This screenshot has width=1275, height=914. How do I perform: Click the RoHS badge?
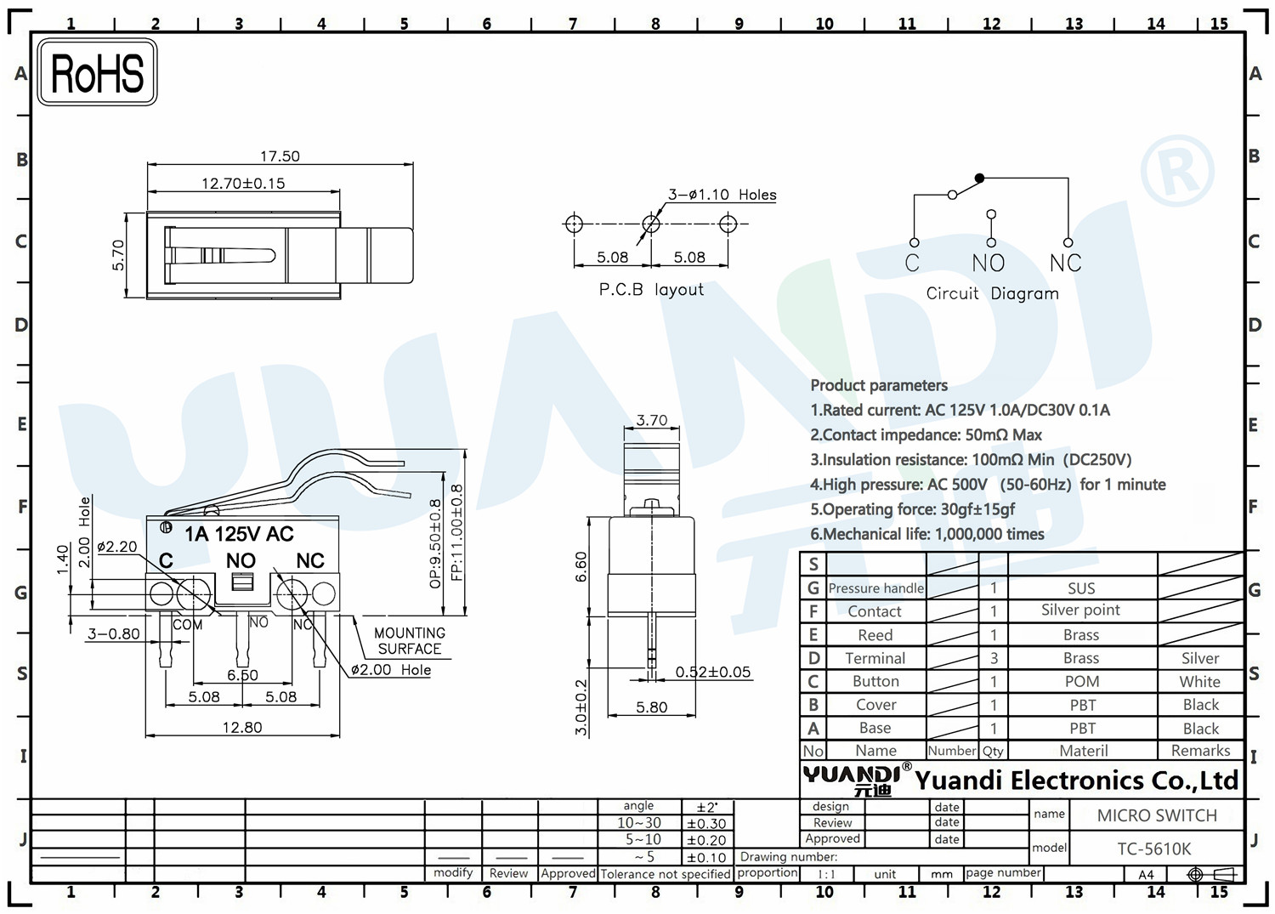98,72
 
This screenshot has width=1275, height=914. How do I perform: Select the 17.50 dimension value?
280,156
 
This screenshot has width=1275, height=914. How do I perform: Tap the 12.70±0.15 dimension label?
243,184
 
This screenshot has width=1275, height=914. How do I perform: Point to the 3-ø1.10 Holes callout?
722,195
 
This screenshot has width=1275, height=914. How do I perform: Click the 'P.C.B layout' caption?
651,289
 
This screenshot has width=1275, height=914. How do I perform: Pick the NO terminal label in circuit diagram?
989,263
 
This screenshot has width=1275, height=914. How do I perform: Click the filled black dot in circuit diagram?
979,179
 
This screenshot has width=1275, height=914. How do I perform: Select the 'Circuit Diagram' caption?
992,293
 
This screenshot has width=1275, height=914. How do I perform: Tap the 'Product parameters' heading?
879,385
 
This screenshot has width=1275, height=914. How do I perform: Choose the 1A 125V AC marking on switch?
239,534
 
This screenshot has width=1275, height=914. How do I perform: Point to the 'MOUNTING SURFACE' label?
409,641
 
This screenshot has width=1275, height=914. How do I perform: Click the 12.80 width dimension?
242,727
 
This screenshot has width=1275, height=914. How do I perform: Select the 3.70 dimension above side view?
652,420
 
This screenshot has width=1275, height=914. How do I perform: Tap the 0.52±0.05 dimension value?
713,672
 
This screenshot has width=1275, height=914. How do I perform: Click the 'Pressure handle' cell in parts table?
876,588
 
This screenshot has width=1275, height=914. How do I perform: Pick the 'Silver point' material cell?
1080,610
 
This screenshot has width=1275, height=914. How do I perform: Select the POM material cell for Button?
1082,682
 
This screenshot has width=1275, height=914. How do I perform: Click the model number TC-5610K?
1153,849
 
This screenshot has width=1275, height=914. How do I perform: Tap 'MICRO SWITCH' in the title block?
1157,815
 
